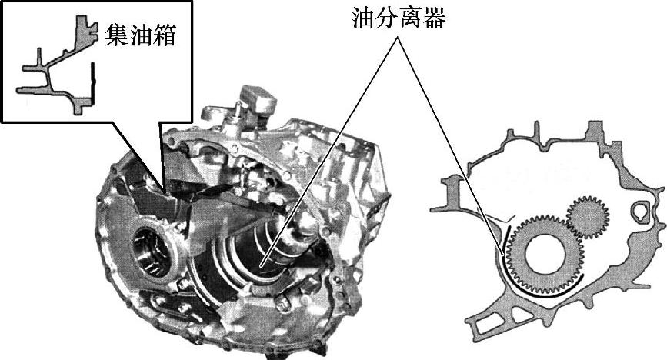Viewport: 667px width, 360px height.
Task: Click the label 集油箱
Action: [x=140, y=35]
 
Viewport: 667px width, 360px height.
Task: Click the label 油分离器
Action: [x=399, y=18]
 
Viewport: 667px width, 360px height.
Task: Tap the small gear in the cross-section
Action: [x=589, y=217]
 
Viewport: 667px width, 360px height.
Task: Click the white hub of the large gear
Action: [x=545, y=255]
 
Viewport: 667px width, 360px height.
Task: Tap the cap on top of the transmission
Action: [x=258, y=100]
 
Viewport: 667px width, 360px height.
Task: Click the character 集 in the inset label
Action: [x=116, y=35]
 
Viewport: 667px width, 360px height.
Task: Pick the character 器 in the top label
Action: [x=435, y=18]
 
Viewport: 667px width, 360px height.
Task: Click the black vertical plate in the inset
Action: [x=94, y=83]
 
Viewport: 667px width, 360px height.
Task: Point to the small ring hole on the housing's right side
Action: [x=640, y=210]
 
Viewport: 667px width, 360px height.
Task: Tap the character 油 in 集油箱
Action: [x=140, y=35]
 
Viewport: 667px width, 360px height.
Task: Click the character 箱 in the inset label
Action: [x=165, y=35]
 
